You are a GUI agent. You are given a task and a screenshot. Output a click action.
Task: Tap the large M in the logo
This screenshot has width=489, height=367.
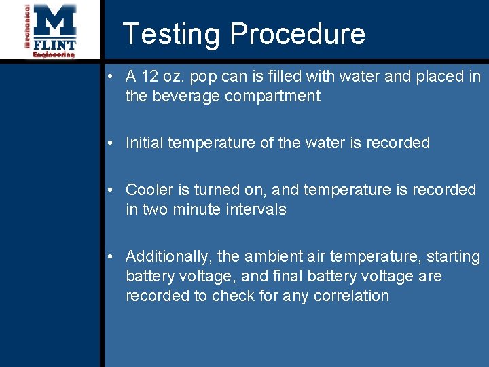pos(55,22)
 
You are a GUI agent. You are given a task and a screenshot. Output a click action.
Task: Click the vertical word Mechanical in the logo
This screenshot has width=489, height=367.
pos(28,27)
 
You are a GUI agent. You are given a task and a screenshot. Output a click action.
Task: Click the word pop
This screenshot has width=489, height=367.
pos(204,77)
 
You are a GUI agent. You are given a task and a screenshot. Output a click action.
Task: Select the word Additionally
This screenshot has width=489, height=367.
pos(169,256)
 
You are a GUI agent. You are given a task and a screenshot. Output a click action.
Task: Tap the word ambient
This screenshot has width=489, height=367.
pos(272,256)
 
